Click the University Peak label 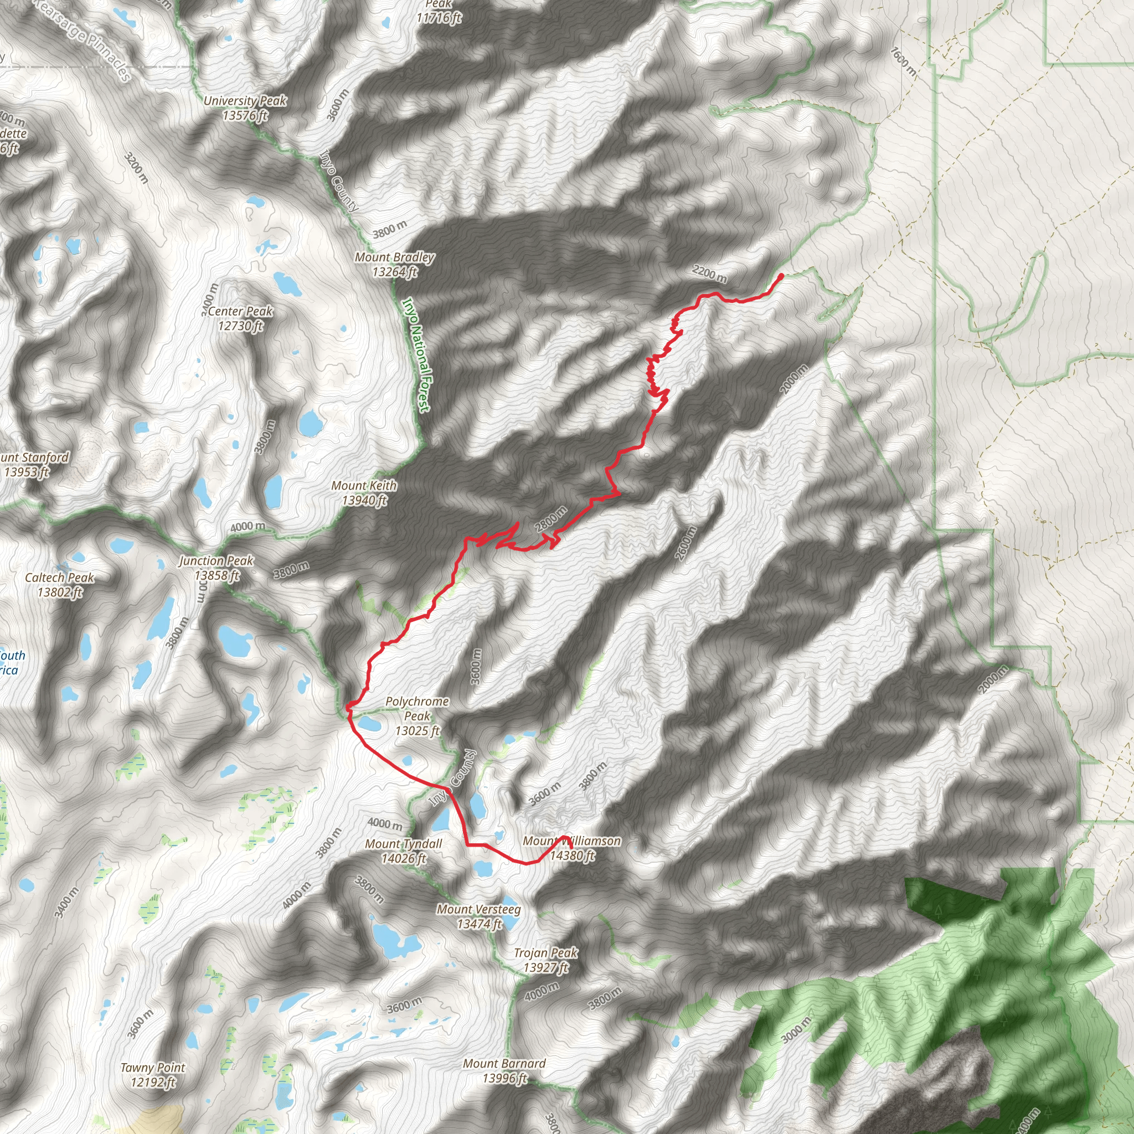(x=245, y=101)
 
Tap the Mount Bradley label (x=394, y=257)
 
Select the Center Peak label (x=241, y=311)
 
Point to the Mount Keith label (x=364, y=486)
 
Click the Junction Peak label (x=216, y=561)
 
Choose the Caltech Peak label (x=59, y=578)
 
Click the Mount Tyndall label (x=404, y=844)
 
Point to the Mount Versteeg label (x=479, y=910)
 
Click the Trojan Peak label (x=546, y=953)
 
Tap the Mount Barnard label (x=504, y=1064)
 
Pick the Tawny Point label (x=153, y=1068)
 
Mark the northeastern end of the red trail (x=781, y=275)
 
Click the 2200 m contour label (x=709, y=273)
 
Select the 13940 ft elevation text (x=364, y=500)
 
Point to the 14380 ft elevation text (x=573, y=856)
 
